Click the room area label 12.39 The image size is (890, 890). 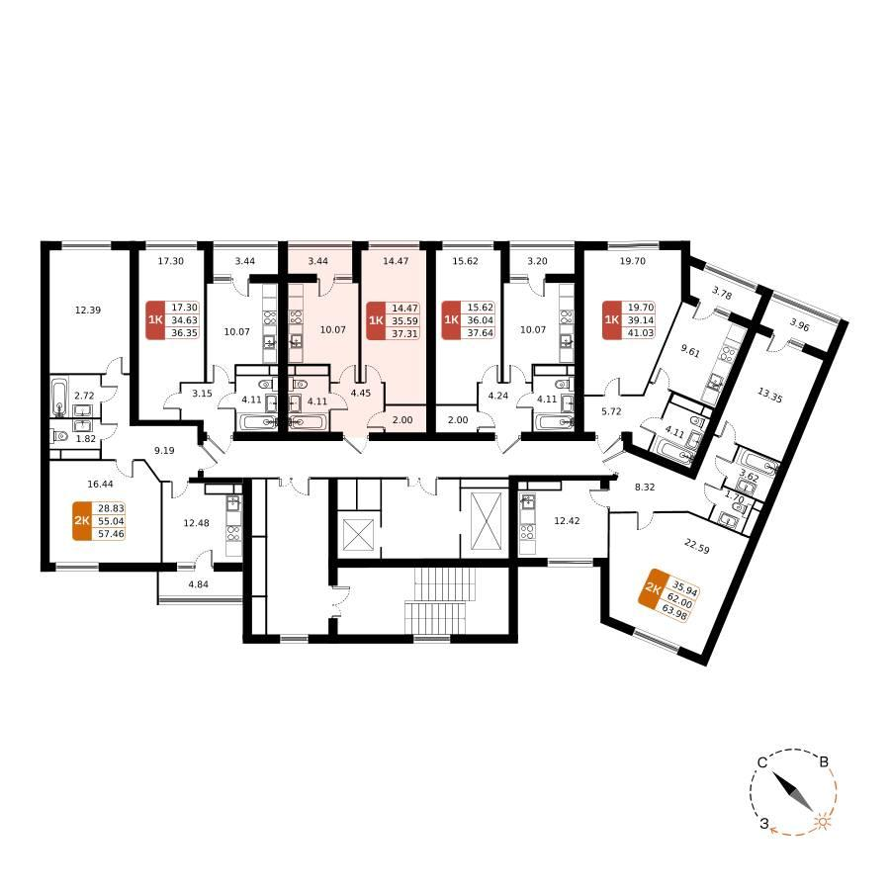(x=88, y=310)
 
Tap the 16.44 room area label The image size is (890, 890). (x=100, y=485)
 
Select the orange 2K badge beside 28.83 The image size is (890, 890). (x=82, y=521)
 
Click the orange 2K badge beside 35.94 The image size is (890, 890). (x=654, y=589)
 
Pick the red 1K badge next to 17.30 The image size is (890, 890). (x=155, y=320)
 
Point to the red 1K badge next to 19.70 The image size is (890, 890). (x=612, y=320)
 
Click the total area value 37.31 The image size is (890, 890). (x=404, y=334)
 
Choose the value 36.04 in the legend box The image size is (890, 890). (x=481, y=320)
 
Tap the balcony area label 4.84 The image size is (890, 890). (x=198, y=583)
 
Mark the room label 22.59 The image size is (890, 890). (x=696, y=547)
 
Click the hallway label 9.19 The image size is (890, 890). (x=164, y=450)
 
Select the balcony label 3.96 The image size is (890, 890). (x=799, y=326)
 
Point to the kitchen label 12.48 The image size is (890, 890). (x=196, y=523)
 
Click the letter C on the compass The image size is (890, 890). (x=762, y=762)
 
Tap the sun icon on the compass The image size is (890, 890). (x=822, y=822)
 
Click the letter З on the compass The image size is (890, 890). (x=764, y=824)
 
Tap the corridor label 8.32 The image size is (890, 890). (x=645, y=487)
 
